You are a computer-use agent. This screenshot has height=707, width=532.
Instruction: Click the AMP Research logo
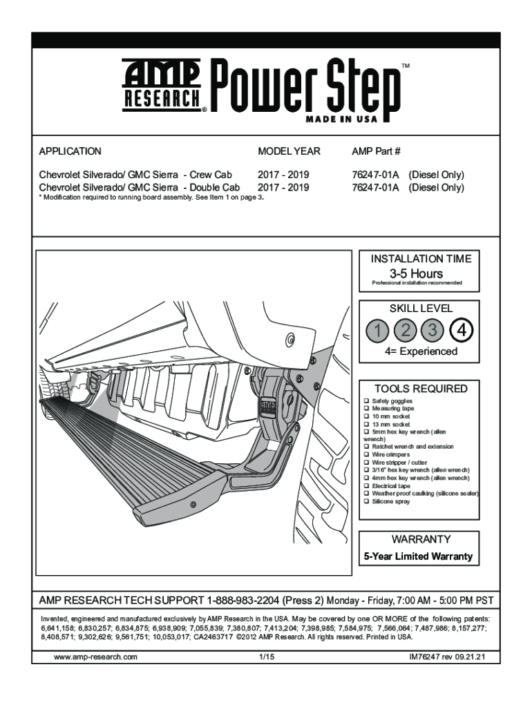click(x=162, y=85)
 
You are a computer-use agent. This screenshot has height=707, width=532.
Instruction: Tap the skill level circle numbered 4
click(x=462, y=331)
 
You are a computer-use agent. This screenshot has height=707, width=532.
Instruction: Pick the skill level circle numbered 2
click(x=406, y=331)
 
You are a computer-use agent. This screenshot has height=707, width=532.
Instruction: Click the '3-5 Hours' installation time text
click(x=417, y=273)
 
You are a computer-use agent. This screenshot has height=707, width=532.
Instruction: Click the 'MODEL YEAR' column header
click(x=289, y=151)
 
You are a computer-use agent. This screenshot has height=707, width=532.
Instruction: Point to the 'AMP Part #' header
click(x=376, y=151)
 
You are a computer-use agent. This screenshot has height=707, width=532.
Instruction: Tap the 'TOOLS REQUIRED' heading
click(x=421, y=388)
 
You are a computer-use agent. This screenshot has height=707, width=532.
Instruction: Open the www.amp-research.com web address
click(x=95, y=657)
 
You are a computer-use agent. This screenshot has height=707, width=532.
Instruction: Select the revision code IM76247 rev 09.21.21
click(x=448, y=657)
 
